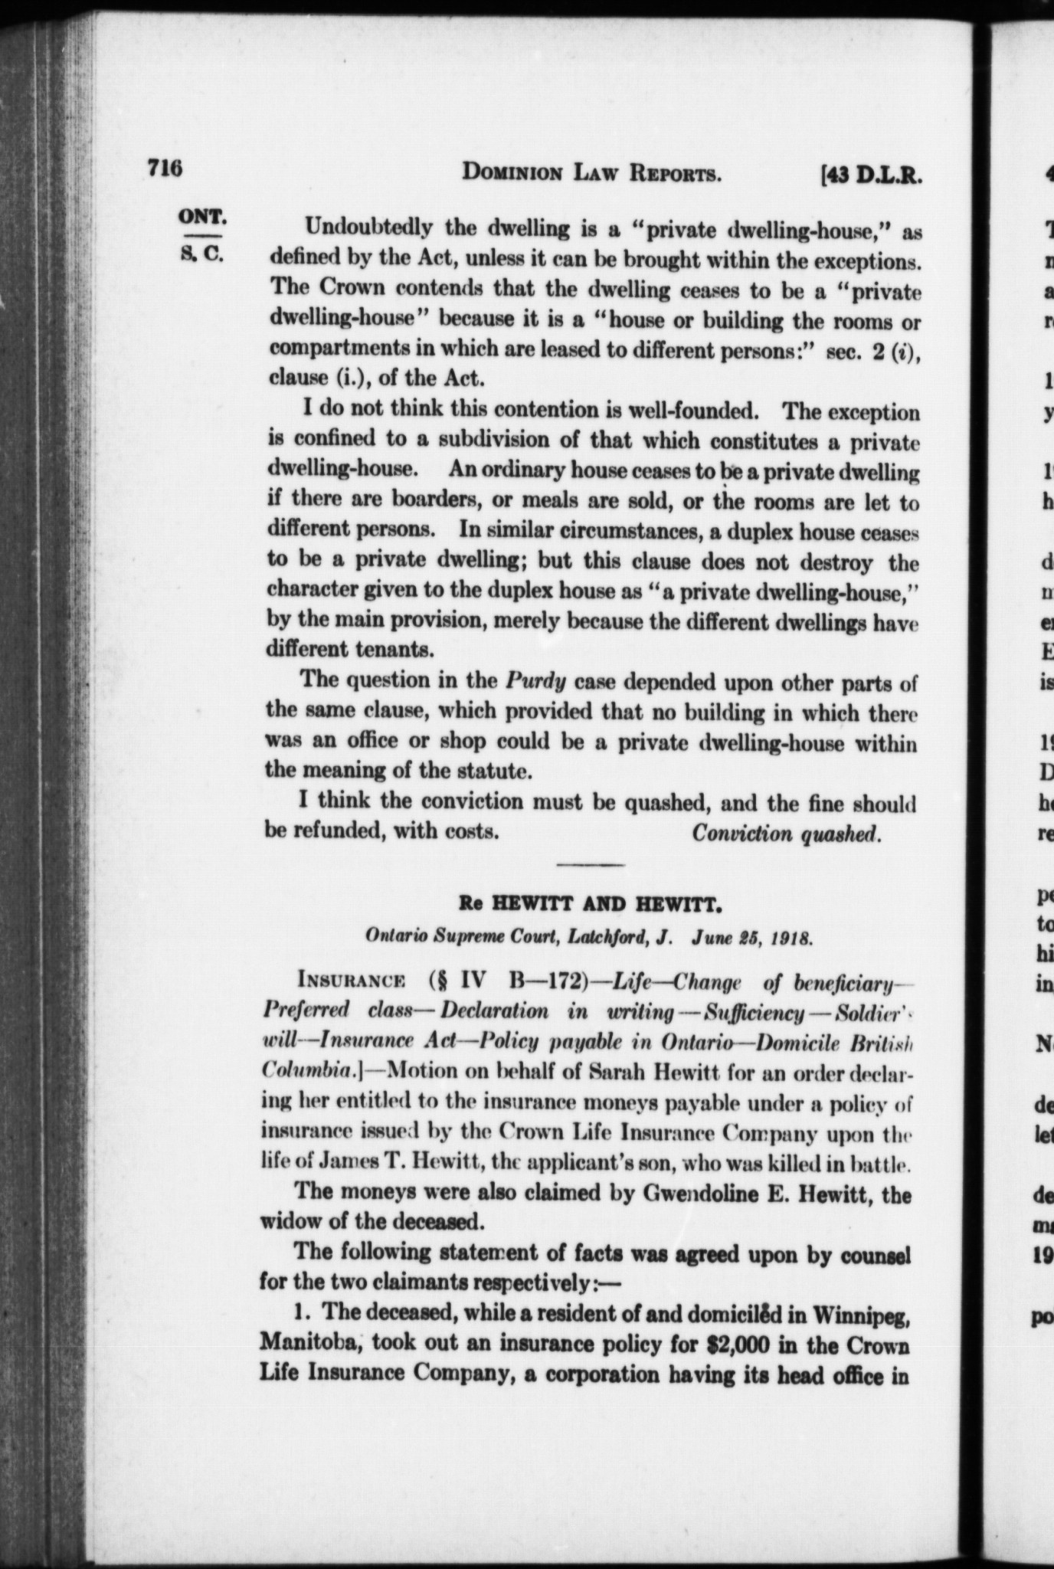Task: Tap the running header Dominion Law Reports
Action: [591, 175]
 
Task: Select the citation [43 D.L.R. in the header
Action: [869, 177]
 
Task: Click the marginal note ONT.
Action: [201, 216]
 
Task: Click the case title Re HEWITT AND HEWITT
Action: [591, 905]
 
